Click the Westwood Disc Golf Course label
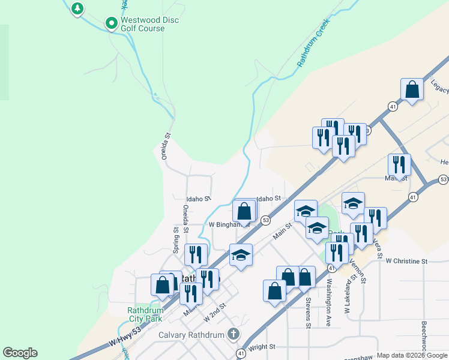[149, 24]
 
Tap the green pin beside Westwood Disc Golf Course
[111, 23]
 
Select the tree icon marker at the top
[77, 8]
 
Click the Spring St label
[176, 239]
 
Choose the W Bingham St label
[228, 224]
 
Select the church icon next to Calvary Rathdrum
[234, 334]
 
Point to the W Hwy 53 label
[125, 336]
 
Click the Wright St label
[261, 347]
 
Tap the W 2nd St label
[214, 311]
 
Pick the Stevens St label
[308, 313]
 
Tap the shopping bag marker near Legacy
[412, 90]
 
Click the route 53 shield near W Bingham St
[265, 221]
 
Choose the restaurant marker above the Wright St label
[191, 293]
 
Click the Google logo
[20, 353]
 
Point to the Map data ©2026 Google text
[412, 355]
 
